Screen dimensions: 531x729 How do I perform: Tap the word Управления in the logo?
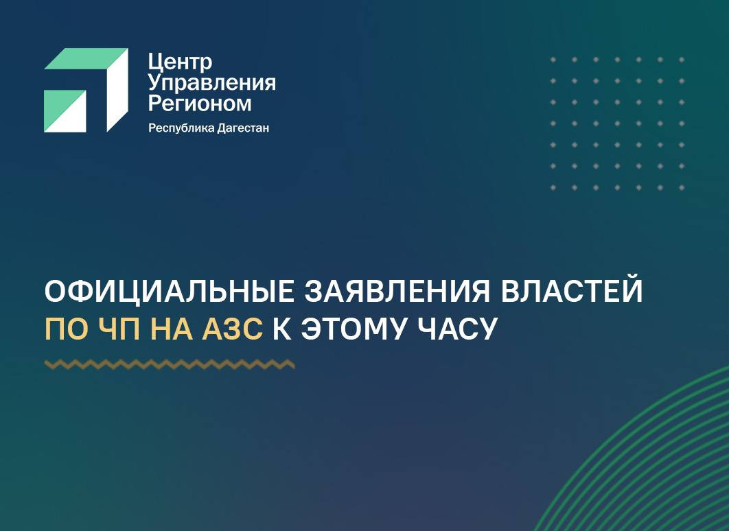(212, 84)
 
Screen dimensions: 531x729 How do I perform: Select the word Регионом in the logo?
(200, 104)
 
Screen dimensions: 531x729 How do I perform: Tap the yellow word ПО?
(65, 330)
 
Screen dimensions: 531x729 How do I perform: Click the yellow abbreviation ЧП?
(119, 330)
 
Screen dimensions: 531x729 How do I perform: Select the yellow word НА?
(176, 330)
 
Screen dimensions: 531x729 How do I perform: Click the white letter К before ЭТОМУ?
(281, 330)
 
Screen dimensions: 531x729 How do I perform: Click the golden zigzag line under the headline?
(170, 364)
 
